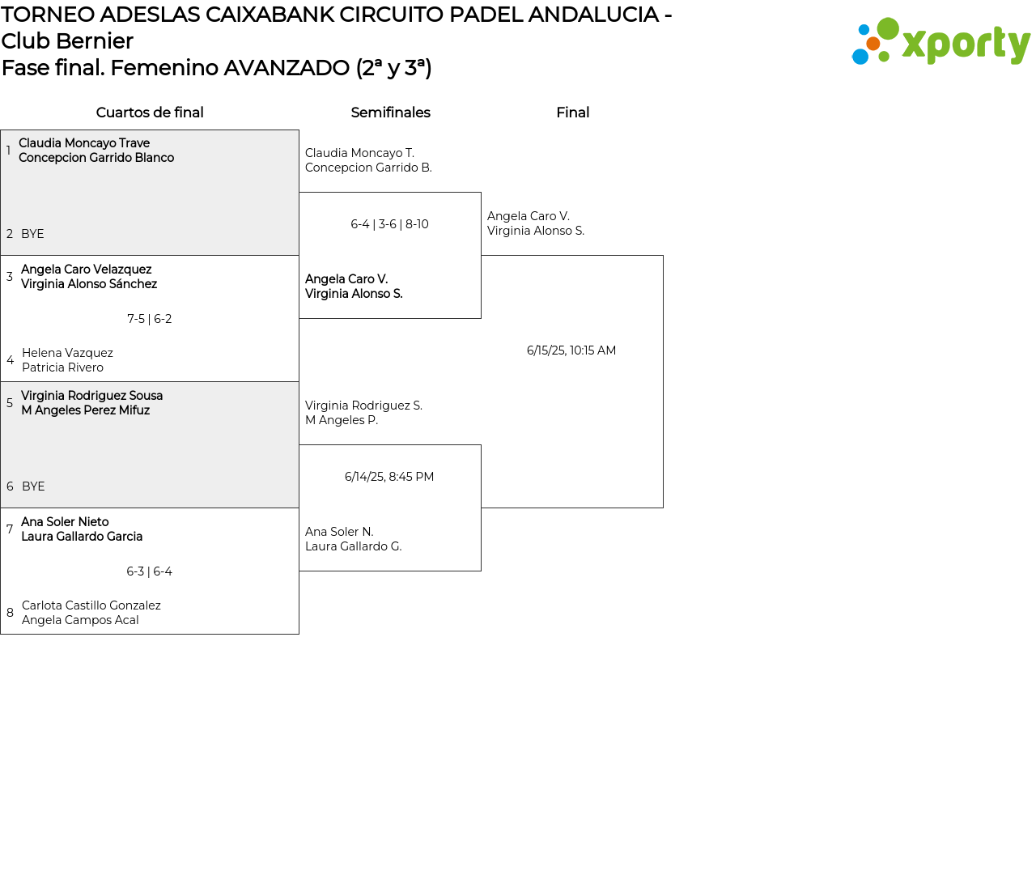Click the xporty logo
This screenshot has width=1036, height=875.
pyautogui.click(x=940, y=41)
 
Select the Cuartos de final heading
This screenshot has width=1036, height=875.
pyautogui.click(x=150, y=113)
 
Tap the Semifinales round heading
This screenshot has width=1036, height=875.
pyautogui.click(x=390, y=113)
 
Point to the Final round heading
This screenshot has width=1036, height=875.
pyautogui.click(x=572, y=113)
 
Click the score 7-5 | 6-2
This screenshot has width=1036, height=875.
pyautogui.click(x=150, y=319)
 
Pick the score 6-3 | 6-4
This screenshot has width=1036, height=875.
pyautogui.click(x=150, y=571)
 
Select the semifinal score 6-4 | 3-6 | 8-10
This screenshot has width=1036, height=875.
pyautogui.click(x=389, y=224)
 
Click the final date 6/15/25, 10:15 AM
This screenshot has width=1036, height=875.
pyautogui.click(x=571, y=350)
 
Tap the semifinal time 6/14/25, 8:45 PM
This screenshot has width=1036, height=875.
pyautogui.click(x=389, y=477)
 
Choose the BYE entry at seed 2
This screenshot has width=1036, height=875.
pyautogui.click(x=32, y=234)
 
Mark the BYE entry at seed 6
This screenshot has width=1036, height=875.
pyautogui.click(x=33, y=486)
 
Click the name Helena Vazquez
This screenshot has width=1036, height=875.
pyautogui.click(x=67, y=353)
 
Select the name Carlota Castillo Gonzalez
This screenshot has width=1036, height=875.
pyautogui.click(x=91, y=605)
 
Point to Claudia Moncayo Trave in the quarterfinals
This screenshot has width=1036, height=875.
pyautogui.click(x=84, y=143)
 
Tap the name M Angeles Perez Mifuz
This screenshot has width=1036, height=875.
pyautogui.click(x=85, y=410)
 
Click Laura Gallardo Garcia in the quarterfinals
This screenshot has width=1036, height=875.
pyautogui.click(x=82, y=537)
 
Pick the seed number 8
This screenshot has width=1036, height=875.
pyautogui.click(x=10, y=613)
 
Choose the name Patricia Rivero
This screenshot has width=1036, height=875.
pyautogui.click(x=62, y=367)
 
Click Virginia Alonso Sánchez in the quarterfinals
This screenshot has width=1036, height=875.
pyautogui.click(x=89, y=284)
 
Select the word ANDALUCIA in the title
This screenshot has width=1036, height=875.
pyautogui.click(x=593, y=15)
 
